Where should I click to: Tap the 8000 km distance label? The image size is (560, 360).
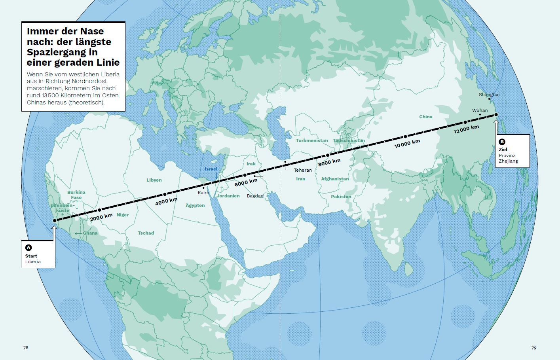coord(329,162)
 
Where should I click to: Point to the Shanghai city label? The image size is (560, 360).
coord(489,95)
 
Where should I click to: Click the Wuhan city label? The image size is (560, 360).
coord(480,110)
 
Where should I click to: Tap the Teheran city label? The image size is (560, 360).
coord(303,170)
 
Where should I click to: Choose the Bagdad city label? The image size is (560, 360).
coord(255,196)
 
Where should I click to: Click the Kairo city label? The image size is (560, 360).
coord(203,193)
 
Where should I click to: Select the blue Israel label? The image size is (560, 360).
coord(211,169)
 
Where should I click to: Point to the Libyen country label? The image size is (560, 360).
coord(154,180)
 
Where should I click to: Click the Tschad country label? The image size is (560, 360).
coord(146,233)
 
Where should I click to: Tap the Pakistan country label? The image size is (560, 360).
coord(341,197)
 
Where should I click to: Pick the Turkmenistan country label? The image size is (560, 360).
coord(312,140)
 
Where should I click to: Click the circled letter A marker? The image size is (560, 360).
coord(28,248)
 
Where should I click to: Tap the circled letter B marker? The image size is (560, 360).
coord(502,142)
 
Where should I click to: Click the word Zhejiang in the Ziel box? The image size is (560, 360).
coord(508,161)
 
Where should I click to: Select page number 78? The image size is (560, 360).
coord(26,348)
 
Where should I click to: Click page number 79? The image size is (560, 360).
coord(534,348)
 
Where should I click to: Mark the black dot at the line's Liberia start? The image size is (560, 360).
coord(55,221)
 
